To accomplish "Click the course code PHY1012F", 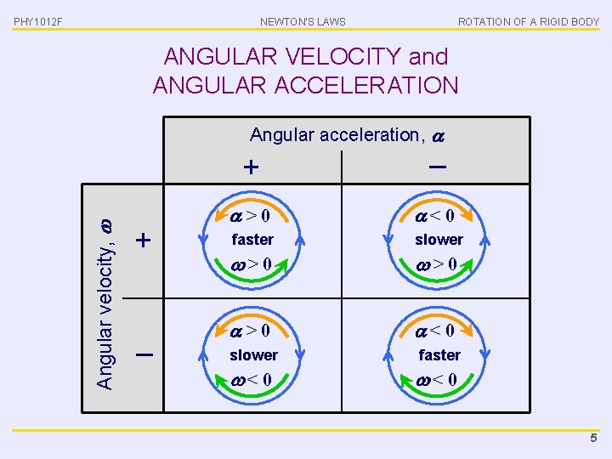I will pos(37,21).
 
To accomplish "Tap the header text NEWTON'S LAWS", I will pos(303,21).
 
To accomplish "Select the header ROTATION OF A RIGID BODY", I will pos(528,21).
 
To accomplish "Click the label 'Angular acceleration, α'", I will pos(347,134).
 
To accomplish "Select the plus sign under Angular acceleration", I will pos(252,167).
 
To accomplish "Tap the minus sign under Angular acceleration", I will pos(438,167).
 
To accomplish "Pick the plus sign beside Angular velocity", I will pos(144,241).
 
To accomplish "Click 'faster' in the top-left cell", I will pos(252,240).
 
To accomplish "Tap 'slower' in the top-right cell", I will pos(439,240).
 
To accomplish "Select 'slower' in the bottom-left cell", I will pos(253,354).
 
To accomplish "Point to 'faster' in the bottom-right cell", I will pos(439,354).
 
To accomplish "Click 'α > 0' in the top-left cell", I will pos(252,217).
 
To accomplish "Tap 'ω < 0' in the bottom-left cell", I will pos(252,378).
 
